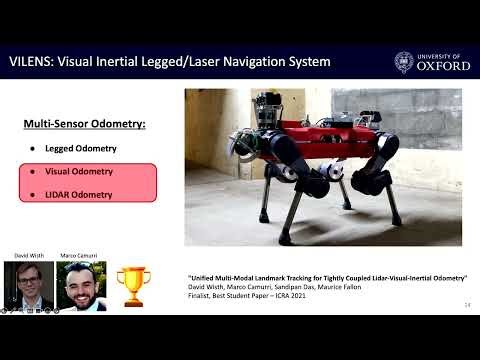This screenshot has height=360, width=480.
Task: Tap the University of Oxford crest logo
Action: (404, 62)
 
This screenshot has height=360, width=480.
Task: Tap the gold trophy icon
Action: (132, 284)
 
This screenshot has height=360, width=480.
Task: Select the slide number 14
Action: (467, 304)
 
